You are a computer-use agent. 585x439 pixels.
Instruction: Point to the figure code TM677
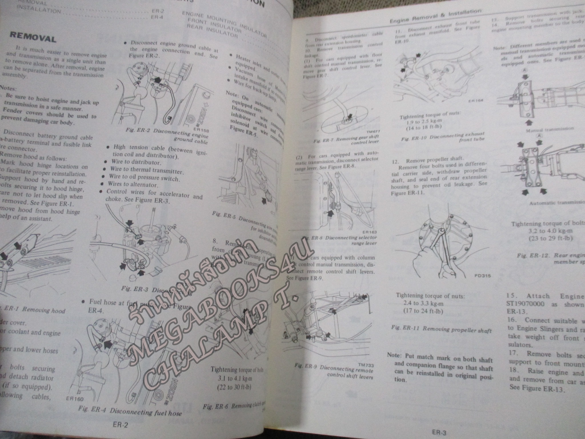coord(370,132)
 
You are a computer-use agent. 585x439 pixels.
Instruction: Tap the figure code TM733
coord(366,365)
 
